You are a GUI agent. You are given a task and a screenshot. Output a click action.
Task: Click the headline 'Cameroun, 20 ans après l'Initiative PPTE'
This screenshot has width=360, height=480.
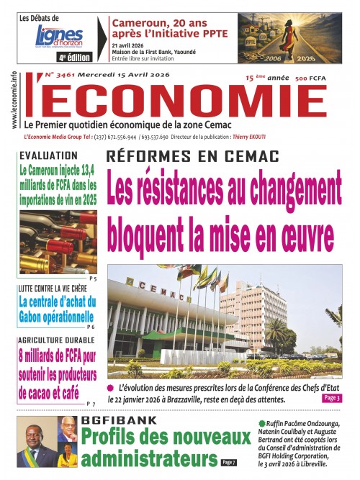[168, 27]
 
